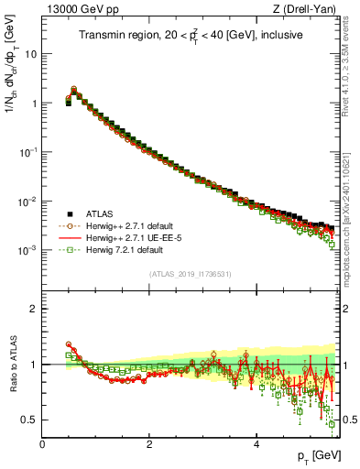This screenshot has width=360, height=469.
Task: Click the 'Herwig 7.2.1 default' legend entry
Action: tap(119, 249)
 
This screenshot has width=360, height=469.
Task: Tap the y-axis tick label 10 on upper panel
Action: tap(32, 54)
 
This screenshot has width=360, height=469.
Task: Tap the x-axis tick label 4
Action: tap(256, 443)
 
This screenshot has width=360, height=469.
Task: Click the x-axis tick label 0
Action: tap(42, 443)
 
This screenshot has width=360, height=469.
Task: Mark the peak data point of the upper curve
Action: tap(74, 90)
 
